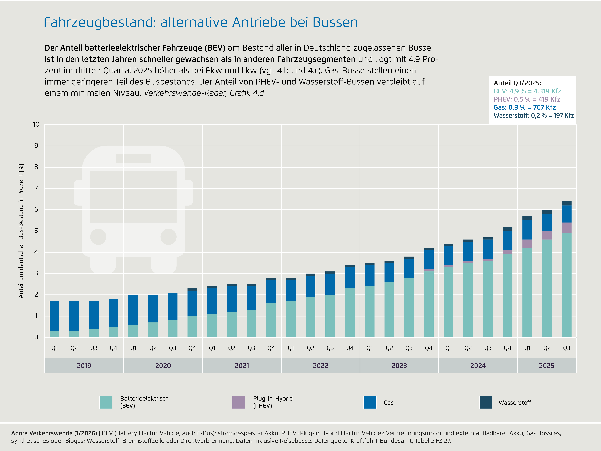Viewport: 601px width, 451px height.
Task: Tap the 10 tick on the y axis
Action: pos(36,124)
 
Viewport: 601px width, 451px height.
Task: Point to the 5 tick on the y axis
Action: pos(36,231)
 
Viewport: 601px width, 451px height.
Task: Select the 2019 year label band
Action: pos(84,366)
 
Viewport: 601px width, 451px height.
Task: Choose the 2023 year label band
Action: pos(399,366)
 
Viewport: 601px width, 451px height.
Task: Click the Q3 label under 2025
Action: pos(566,348)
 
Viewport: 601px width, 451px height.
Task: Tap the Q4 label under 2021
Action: pos(271,348)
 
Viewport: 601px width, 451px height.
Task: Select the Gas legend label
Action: pos(389,403)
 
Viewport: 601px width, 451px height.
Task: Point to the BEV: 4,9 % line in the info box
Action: pos(527,91)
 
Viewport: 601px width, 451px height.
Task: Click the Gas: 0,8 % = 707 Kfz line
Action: pos(524,107)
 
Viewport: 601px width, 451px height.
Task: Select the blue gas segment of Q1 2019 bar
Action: pos(54,316)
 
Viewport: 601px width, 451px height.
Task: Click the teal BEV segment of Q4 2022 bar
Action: pos(350,313)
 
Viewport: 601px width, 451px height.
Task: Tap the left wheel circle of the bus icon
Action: pos(98,237)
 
